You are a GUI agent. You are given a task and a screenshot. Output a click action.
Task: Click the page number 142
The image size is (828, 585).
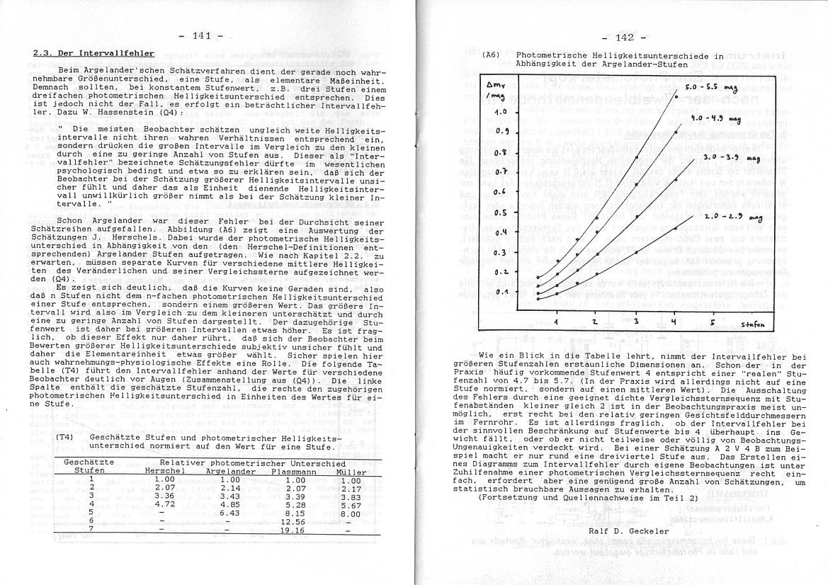point(623,38)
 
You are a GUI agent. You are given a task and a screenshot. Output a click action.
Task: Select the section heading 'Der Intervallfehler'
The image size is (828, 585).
point(93,53)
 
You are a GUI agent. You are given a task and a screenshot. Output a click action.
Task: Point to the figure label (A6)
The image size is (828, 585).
point(491,55)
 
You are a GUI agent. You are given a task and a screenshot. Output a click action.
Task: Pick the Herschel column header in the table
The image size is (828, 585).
point(164,471)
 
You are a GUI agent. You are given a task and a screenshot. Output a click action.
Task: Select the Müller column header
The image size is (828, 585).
point(351,471)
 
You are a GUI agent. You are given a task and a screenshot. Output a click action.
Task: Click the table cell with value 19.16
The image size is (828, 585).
point(291,530)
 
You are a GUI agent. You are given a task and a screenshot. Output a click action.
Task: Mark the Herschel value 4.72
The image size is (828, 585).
point(164,504)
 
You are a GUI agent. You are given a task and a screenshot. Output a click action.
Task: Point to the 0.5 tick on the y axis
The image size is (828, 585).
point(500,212)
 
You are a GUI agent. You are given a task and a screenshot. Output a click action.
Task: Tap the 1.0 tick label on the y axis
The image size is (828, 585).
point(500,111)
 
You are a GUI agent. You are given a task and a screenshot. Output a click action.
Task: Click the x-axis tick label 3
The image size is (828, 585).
point(636,322)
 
